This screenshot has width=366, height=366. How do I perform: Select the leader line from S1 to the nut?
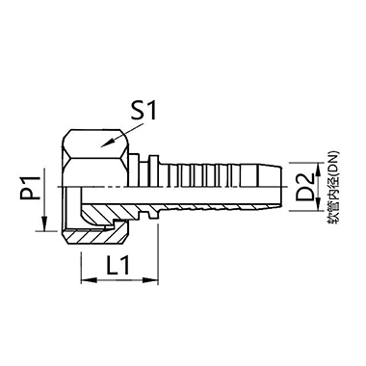[120, 130]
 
